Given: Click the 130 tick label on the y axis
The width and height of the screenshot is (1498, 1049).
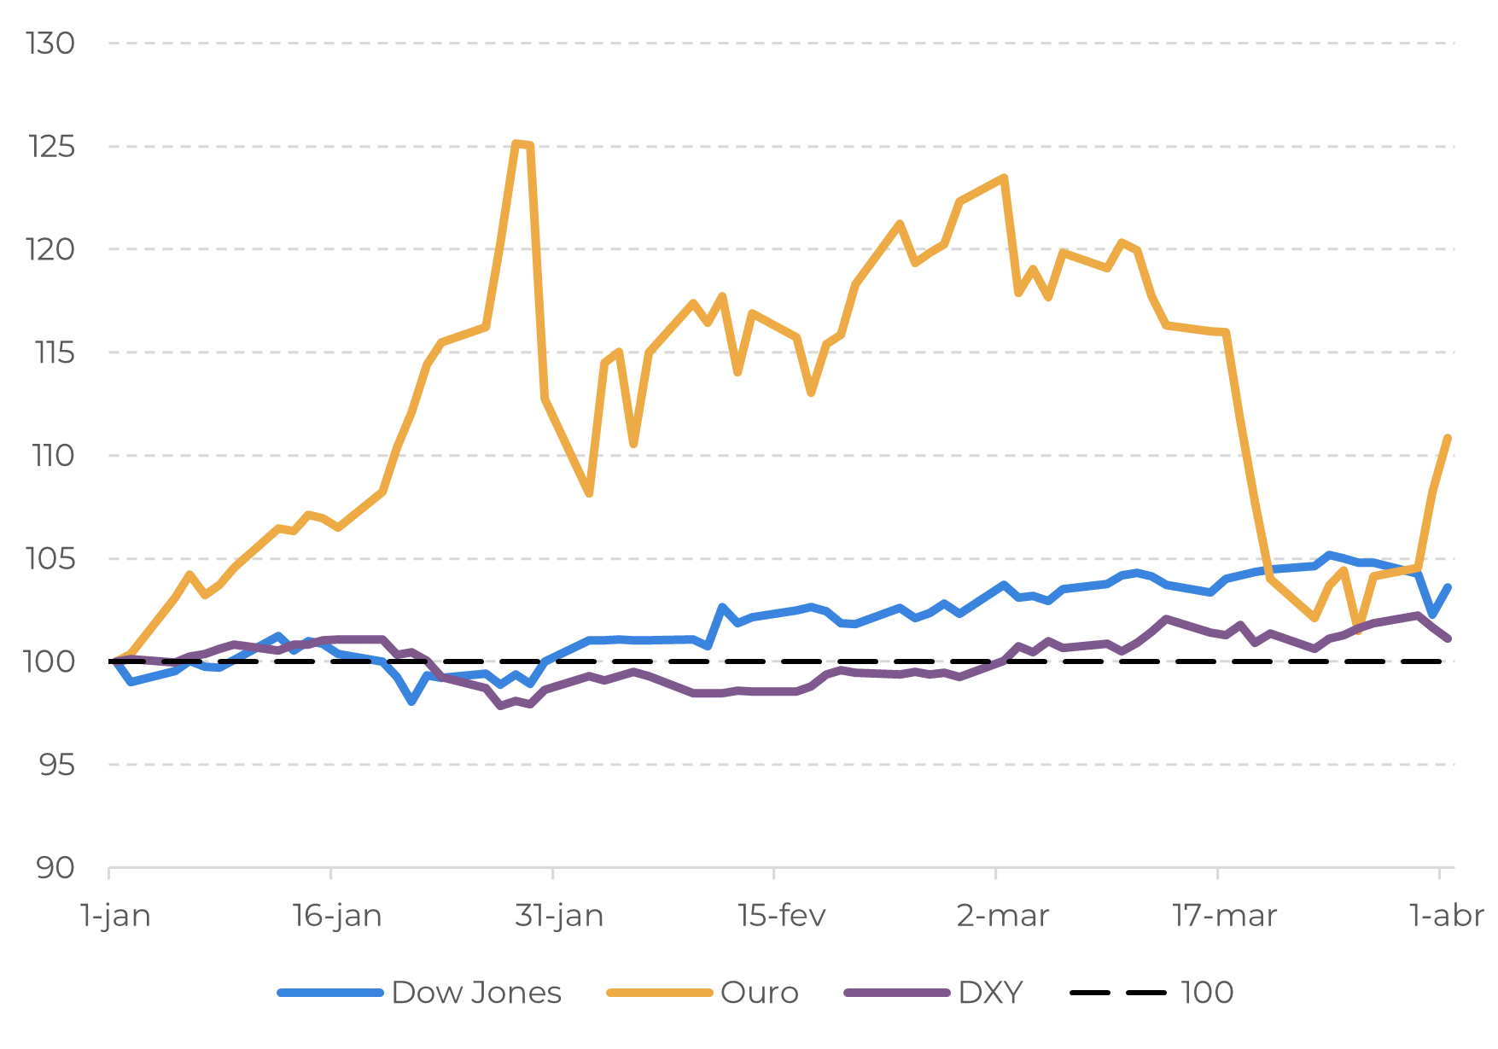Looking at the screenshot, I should (x=51, y=44).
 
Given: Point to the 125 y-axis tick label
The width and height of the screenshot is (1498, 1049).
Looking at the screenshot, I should (x=51, y=147).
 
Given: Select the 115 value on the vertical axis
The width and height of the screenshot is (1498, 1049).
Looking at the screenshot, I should (x=51, y=353).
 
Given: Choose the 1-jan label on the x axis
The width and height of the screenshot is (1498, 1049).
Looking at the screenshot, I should (x=115, y=916).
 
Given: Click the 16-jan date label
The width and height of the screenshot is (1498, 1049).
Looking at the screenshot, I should (x=337, y=916).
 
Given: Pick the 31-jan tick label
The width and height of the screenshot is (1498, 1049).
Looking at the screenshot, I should (x=559, y=916).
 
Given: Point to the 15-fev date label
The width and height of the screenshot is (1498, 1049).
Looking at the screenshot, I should (x=782, y=916).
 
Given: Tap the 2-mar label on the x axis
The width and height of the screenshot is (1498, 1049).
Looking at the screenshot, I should (x=1003, y=916).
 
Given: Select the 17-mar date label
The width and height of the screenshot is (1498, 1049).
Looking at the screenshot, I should (x=1225, y=916).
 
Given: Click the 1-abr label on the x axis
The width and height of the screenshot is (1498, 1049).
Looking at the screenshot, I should (x=1447, y=916).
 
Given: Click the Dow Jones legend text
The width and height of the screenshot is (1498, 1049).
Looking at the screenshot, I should (x=476, y=993).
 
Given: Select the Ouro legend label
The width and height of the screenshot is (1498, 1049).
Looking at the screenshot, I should (x=759, y=993).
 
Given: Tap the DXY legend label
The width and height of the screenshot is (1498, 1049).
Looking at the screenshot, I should (x=990, y=993).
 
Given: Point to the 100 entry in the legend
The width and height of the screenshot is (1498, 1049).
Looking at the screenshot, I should (x=1207, y=993).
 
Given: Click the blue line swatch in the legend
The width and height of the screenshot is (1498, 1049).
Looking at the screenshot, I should (x=329, y=993).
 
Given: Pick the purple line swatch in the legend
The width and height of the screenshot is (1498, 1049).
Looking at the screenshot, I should (x=896, y=993).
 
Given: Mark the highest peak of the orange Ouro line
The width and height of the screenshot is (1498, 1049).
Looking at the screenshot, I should (x=516, y=143).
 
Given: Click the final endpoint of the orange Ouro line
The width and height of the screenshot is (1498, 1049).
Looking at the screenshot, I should (x=1448, y=437).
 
